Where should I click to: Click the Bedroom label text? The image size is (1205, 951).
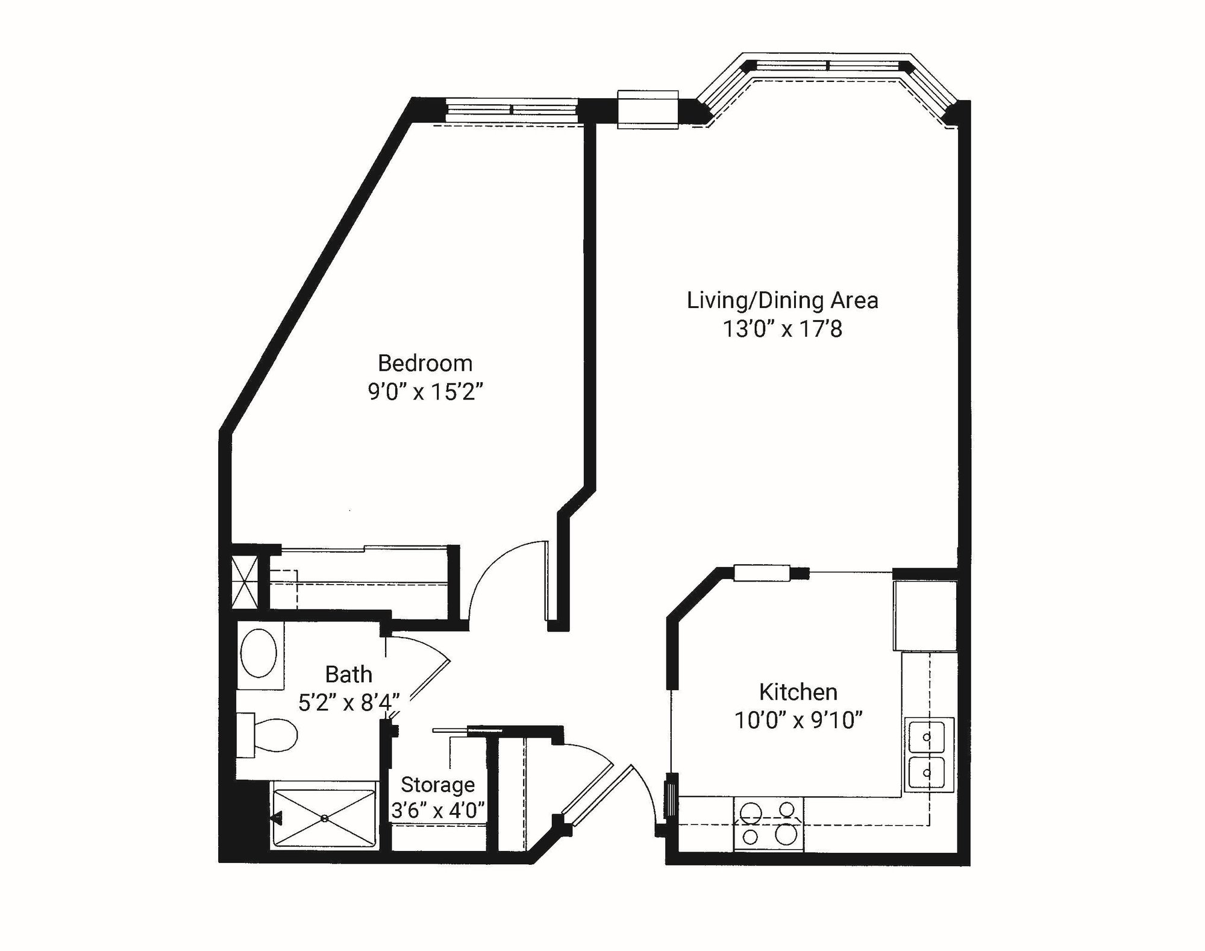point(425,363)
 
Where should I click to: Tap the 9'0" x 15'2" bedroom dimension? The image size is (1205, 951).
point(425,392)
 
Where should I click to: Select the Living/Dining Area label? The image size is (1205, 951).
point(782,300)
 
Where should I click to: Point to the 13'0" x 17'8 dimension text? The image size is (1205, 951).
point(782,329)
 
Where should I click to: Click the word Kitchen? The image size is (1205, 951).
point(798,692)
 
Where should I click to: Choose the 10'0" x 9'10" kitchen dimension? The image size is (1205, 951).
point(798,720)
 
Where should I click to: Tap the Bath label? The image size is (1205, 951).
point(348,674)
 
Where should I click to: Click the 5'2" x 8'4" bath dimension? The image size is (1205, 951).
point(348,702)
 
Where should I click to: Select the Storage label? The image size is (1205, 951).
point(437,785)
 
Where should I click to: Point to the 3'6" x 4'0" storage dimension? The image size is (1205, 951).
point(438,811)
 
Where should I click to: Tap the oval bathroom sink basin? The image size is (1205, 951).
point(259,653)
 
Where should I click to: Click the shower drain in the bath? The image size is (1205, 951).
point(324,818)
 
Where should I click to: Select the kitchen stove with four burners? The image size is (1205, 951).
point(768,823)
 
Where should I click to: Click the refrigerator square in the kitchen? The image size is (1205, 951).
point(925,616)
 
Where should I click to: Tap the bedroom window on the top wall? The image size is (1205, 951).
point(511,110)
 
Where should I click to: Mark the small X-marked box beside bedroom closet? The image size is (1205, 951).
point(245,583)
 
